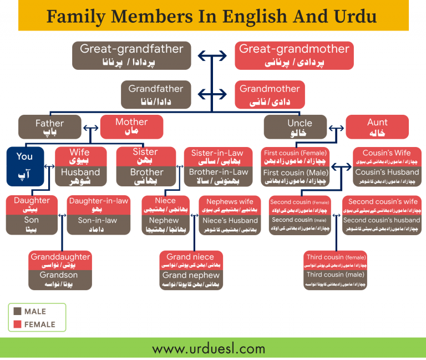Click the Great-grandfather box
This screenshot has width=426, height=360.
tap(131, 55)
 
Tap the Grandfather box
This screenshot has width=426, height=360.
tap(155, 94)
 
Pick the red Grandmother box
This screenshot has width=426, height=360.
tap(270, 94)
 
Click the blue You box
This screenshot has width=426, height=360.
tap(25, 166)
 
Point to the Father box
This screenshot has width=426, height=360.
tap(49, 127)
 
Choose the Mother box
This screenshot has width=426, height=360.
tap(131, 126)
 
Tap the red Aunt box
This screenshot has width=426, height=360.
tap(377, 127)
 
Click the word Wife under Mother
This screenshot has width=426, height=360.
tap(79, 152)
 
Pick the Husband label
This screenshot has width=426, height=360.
tap(79, 172)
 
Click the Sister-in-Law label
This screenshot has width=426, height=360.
tap(217, 153)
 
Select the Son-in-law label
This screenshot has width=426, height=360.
tap(97, 220)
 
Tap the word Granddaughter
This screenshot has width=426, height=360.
tap(60, 257)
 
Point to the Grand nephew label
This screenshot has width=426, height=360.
tap(191, 275)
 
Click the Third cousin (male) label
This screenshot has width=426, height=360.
tap(335, 275)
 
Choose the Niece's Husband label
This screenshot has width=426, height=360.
tap(230, 220)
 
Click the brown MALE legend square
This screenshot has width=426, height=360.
tap(17, 312)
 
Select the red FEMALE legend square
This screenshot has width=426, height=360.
tap(17, 324)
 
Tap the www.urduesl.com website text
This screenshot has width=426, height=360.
tap(209, 349)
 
